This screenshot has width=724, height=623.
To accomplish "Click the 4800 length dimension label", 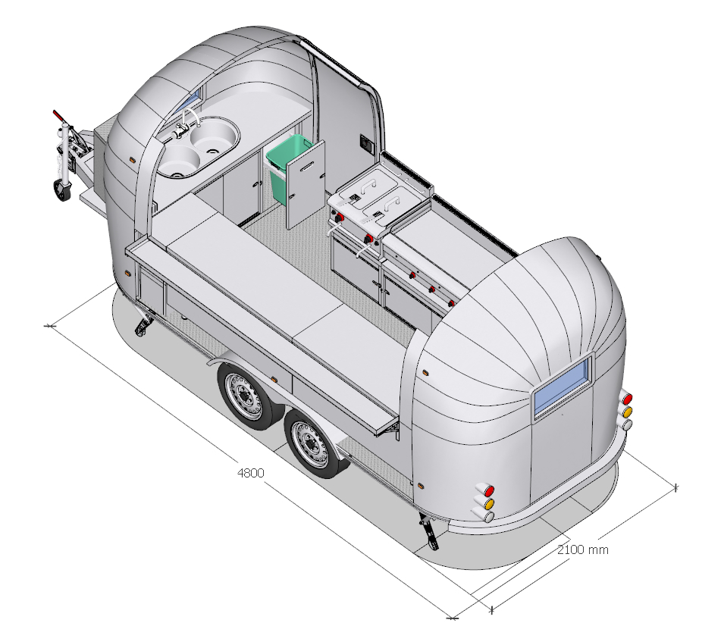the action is coord(250,473).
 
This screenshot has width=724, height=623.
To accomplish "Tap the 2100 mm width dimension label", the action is coord(583,549).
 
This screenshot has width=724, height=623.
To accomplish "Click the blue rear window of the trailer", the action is coord(563,387).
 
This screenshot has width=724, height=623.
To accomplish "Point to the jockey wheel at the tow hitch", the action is coord(63,190).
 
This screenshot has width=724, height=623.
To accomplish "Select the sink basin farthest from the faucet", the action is coord(177,161).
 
